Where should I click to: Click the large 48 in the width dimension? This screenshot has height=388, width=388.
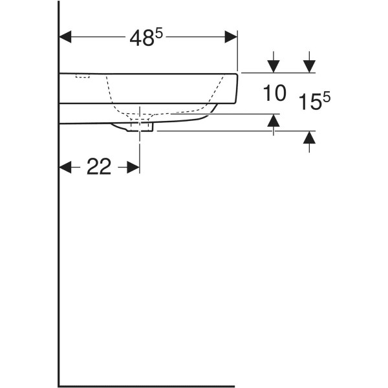(x=142, y=39)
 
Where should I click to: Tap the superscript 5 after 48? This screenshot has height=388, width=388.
(x=159, y=34)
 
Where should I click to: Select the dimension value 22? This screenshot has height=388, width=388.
(x=99, y=167)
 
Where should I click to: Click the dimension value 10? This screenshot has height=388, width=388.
(x=274, y=92)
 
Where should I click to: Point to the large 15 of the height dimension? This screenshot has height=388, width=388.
(x=310, y=102)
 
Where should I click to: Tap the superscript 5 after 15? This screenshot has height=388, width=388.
(x=327, y=98)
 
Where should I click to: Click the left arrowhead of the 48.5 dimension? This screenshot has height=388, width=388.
(x=65, y=37)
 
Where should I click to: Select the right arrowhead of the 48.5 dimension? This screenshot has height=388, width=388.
(x=231, y=37)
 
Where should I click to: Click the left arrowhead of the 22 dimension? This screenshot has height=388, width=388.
(x=65, y=167)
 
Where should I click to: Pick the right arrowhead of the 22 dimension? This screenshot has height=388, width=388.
(x=133, y=167)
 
